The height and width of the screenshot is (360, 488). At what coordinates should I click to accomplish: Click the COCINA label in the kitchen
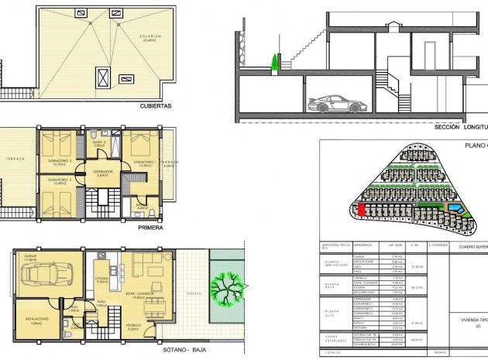tap(101, 281)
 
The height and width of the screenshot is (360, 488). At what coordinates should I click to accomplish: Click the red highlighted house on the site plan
tap(362, 209)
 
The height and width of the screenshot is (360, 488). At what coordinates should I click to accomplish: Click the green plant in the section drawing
tap(273, 61)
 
